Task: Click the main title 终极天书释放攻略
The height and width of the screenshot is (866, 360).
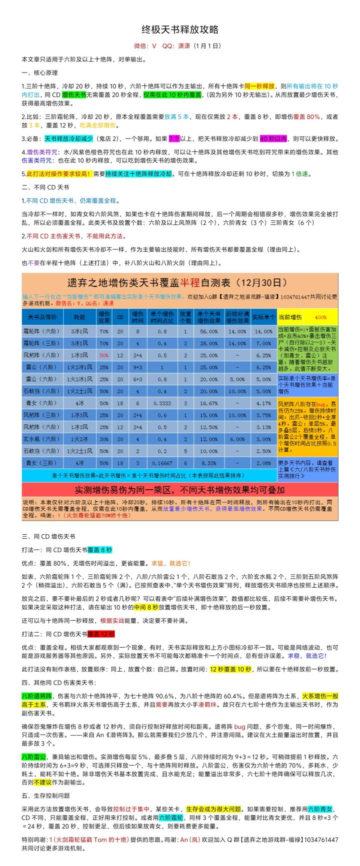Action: coord(180,29)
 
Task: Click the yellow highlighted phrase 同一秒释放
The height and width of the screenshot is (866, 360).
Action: coord(259,86)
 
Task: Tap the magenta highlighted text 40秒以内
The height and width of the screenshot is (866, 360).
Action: coord(274,138)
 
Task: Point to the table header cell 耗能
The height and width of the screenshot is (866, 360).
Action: coord(79,317)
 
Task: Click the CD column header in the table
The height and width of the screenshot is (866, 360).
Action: coord(120,317)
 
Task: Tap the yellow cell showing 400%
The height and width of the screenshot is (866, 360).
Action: coord(320,317)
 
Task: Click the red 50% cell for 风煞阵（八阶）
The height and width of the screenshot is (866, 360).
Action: coord(103,355)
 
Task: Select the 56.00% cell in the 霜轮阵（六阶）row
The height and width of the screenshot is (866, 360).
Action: coord(208,331)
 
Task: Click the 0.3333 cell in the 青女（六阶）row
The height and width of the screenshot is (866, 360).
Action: coord(162,403)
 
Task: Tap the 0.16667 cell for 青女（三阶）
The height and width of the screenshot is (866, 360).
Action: coord(162,463)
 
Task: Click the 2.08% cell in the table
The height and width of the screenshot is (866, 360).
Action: coord(263,463)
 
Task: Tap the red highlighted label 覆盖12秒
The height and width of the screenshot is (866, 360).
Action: coord(101,634)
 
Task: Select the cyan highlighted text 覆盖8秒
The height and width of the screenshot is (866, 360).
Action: coord(100,550)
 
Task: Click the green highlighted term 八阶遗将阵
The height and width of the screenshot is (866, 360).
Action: coord(37,696)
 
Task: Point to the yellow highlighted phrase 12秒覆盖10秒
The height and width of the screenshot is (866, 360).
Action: coord(230,669)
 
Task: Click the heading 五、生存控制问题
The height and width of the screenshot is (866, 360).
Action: coord(46,795)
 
